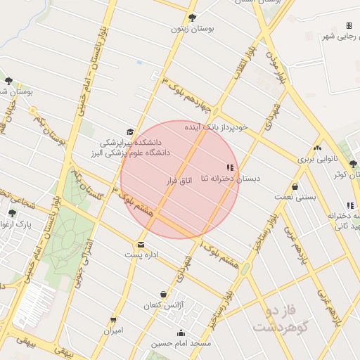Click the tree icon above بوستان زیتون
click(x=193, y=18)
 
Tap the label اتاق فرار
click(x=179, y=181)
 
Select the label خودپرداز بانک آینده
click(x=216, y=127)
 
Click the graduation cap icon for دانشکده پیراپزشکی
click(x=129, y=131)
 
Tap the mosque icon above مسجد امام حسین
click(x=181, y=333)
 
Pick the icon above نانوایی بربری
click(x=318, y=148)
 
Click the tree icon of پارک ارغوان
click(x=12, y=213)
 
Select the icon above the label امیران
click(x=113, y=320)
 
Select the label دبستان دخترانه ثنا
click(x=231, y=179)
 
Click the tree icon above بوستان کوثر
click(x=353, y=164)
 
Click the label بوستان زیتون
click(x=193, y=30)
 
